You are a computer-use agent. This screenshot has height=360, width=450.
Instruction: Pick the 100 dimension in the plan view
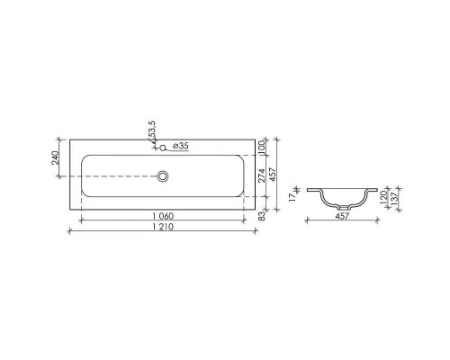tap(260, 146)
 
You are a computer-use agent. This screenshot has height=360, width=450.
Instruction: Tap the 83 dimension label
tap(260, 215)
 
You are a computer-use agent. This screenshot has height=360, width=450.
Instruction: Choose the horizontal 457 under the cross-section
tap(340, 216)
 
